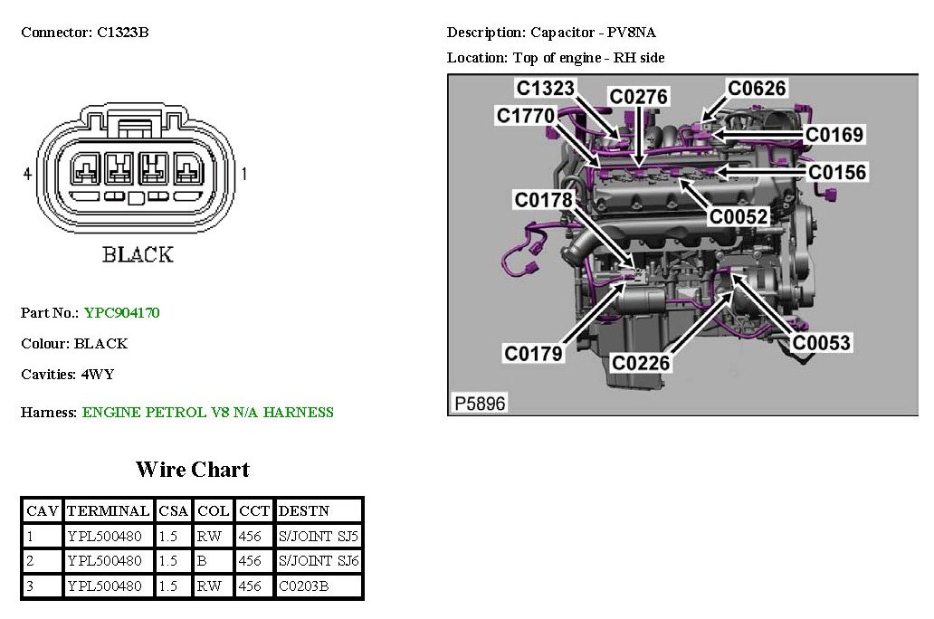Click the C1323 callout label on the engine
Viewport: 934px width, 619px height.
pyautogui.click(x=546, y=88)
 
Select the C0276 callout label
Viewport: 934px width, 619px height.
pyautogui.click(x=638, y=97)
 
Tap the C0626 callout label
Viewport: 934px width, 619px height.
pyautogui.click(x=758, y=88)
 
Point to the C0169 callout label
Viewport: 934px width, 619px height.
pyautogui.click(x=834, y=135)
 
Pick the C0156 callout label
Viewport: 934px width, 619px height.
pyautogui.click(x=837, y=172)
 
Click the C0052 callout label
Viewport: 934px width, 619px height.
pyautogui.click(x=739, y=216)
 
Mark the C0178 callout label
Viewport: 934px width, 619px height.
pyautogui.click(x=545, y=199)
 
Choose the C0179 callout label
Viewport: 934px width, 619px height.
pyautogui.click(x=533, y=354)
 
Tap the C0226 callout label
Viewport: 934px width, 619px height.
pyautogui.click(x=641, y=363)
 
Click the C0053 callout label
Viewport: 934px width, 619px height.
pyautogui.click(x=822, y=343)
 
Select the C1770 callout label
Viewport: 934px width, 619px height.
pyautogui.click(x=526, y=116)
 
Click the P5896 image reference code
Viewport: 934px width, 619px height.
pyautogui.click(x=480, y=404)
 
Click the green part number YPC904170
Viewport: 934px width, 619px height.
pyautogui.click(x=121, y=313)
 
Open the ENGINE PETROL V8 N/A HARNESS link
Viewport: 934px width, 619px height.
pyautogui.click(x=207, y=413)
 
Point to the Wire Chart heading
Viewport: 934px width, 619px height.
pyautogui.click(x=192, y=469)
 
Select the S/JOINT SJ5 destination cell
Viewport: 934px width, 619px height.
pyautogui.click(x=319, y=536)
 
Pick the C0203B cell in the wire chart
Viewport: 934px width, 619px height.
pyautogui.click(x=303, y=586)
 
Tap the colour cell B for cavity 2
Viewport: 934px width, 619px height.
pyautogui.click(x=202, y=561)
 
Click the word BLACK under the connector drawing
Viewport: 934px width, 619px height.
pyautogui.click(x=138, y=254)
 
